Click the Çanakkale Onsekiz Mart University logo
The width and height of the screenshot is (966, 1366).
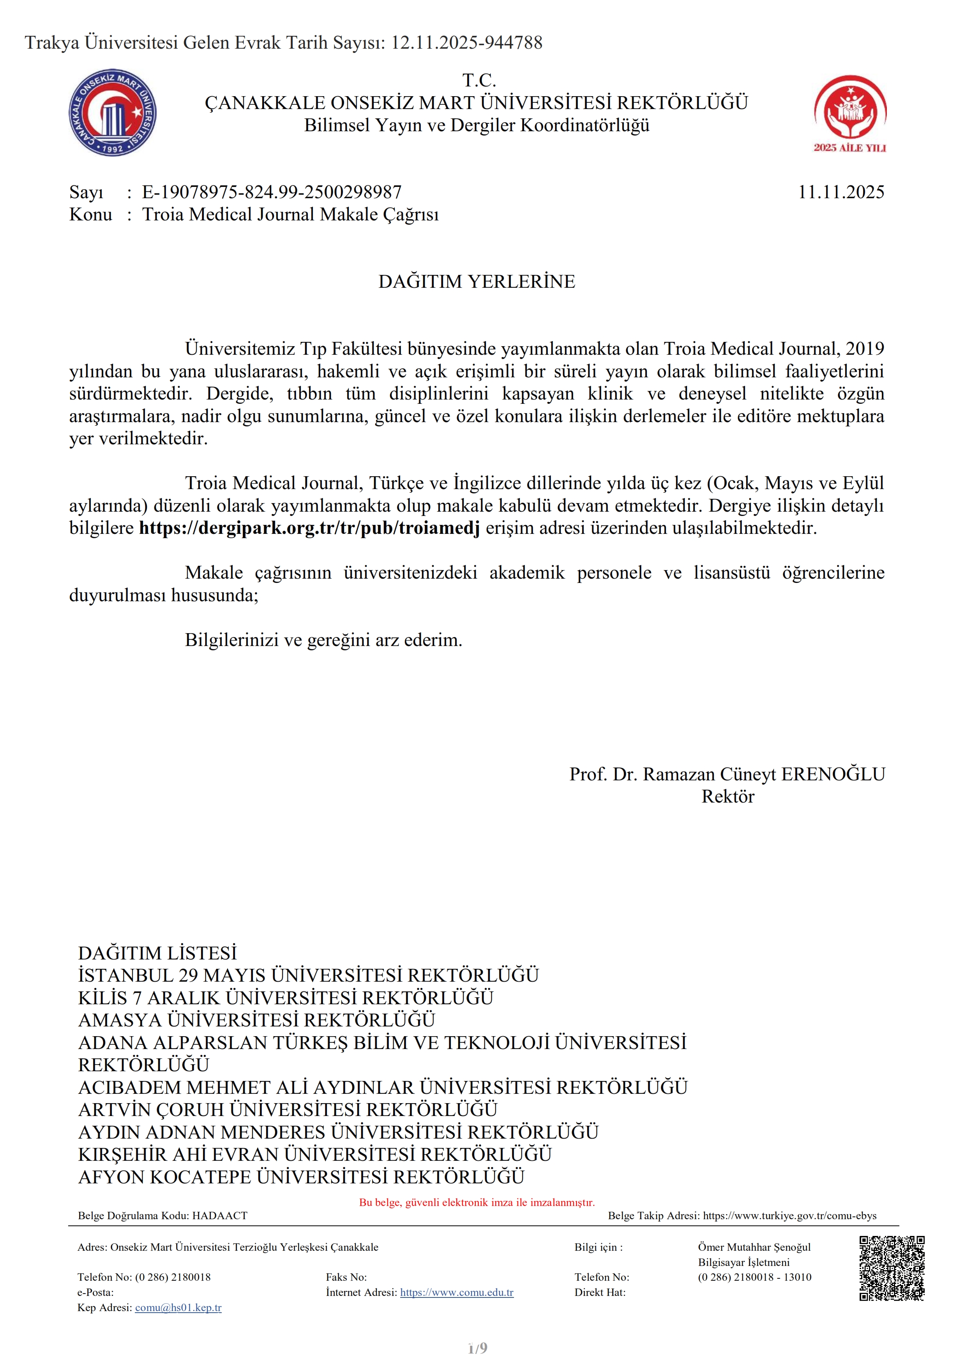click(x=113, y=112)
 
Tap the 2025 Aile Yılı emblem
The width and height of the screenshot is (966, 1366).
click(x=850, y=113)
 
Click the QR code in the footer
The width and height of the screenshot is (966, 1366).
click(x=892, y=1268)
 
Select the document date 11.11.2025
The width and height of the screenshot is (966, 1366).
click(x=841, y=192)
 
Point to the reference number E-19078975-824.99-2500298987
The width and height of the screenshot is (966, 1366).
click(x=272, y=192)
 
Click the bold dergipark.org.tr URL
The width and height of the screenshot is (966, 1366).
click(x=309, y=528)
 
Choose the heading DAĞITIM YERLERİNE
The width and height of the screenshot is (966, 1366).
click(x=477, y=282)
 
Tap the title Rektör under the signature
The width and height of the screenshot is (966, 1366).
click(x=728, y=797)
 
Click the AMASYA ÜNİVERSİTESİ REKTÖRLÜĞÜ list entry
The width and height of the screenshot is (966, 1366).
click(x=256, y=1020)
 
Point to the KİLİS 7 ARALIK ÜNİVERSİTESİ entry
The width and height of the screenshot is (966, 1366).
click(x=286, y=998)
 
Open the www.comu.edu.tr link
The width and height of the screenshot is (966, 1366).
click(x=457, y=1292)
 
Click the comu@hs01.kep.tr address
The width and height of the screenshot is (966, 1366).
click(x=178, y=1308)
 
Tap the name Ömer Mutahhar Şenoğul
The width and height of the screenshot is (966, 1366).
click(x=754, y=1247)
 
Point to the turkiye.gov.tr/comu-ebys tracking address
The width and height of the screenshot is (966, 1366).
click(x=789, y=1215)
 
